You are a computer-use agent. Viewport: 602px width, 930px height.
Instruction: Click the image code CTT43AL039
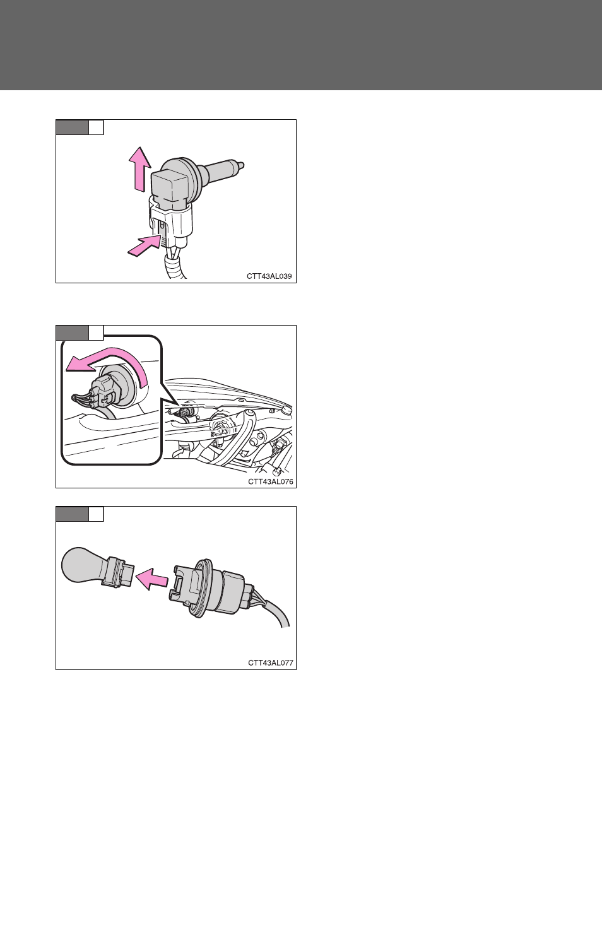[269, 276]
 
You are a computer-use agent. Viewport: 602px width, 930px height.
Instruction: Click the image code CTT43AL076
[270, 481]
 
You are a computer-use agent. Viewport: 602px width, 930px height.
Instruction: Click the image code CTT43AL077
[270, 662]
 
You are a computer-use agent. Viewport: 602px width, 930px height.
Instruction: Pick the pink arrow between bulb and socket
[152, 579]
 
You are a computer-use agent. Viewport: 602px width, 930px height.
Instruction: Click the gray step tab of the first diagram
[72, 127]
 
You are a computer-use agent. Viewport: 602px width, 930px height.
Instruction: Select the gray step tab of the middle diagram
[72, 333]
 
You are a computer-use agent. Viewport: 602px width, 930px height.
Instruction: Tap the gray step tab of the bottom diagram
[72, 514]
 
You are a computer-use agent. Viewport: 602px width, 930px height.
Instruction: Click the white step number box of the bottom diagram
[96, 514]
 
